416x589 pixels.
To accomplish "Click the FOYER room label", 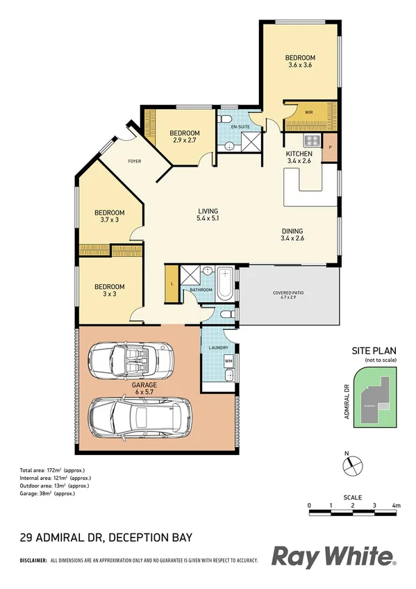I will pyautogui.click(x=135, y=161).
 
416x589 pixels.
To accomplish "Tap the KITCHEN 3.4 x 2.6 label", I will pyautogui.click(x=299, y=158).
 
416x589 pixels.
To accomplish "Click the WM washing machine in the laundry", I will pyautogui.click(x=228, y=361).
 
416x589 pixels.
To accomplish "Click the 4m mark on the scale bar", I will pyautogui.click(x=396, y=505).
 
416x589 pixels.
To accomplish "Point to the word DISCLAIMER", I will pyautogui.click(x=33, y=560).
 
